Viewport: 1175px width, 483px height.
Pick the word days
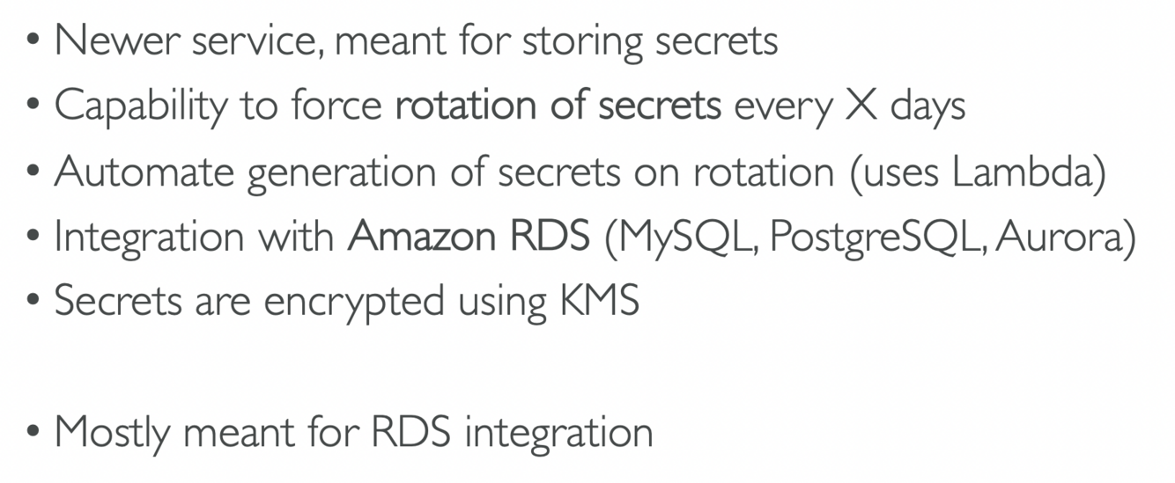[927, 107]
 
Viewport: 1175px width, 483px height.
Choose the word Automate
[144, 172]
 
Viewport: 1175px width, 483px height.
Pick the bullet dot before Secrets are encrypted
[33, 303]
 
